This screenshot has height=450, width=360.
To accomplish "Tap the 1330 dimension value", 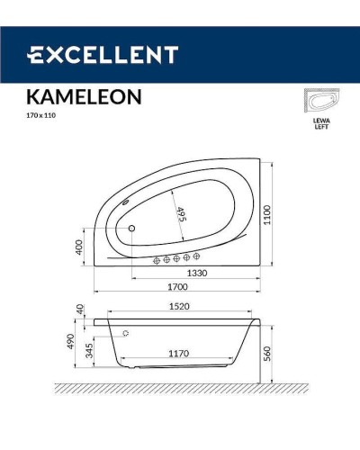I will tap(200, 272).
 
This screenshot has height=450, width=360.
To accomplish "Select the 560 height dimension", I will tap(268, 355).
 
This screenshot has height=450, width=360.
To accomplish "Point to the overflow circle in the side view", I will tap(125, 334).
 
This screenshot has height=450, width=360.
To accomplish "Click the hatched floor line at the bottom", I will tap(180, 389).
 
